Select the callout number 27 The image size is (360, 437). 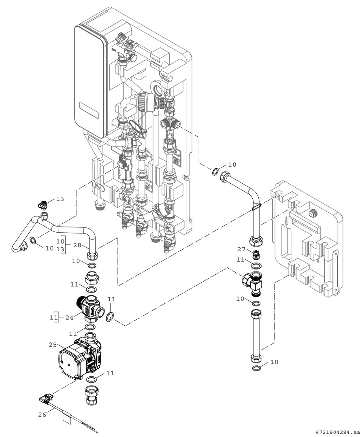[x=242, y=250]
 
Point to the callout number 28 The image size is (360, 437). [x=77, y=246]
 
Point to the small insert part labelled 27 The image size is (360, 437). [x=256, y=255]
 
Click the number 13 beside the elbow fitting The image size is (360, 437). [x=60, y=199]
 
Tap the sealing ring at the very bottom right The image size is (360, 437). [x=256, y=368]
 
